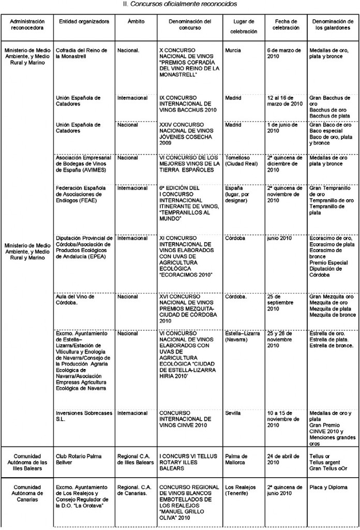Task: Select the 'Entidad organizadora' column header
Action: click(84, 22)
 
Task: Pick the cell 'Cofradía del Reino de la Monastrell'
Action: click(82, 53)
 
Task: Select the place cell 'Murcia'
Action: click(234, 50)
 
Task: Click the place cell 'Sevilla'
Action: click(233, 413)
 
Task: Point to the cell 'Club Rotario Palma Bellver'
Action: click(79, 459)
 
